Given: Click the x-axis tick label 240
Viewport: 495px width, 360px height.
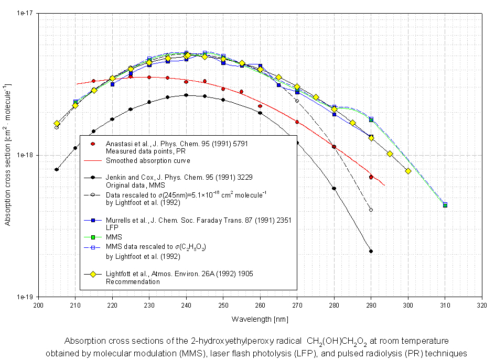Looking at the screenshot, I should [x=186, y=304].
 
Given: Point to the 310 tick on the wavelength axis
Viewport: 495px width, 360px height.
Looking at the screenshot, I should [x=445, y=304].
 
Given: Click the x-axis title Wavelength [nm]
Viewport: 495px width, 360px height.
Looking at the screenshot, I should [x=260, y=319].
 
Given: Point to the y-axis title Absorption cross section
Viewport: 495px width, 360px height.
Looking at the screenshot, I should [x=8, y=155].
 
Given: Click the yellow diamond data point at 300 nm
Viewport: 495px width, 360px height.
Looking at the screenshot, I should [x=408, y=171].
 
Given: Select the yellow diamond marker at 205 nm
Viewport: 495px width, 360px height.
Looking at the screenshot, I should [x=57, y=123].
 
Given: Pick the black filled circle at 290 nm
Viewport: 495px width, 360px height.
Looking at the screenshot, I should [x=371, y=252].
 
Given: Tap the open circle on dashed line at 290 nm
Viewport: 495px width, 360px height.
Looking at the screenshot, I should [x=371, y=210].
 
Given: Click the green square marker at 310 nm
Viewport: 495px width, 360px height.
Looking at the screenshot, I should [x=445, y=205].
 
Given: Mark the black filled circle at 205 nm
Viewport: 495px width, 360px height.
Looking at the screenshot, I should [x=57, y=169].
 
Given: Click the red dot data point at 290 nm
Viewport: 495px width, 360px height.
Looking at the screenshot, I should [x=371, y=177].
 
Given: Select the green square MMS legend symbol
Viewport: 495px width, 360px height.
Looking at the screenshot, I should [x=92, y=237].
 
